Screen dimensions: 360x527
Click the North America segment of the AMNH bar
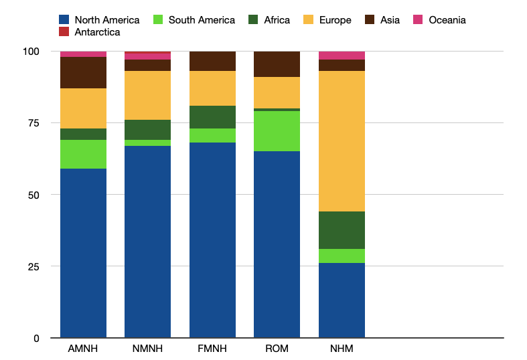(x=83, y=253)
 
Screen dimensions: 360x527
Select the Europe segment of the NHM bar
(x=342, y=141)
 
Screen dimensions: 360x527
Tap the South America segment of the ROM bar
(x=277, y=130)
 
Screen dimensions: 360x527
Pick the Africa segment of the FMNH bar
(x=212, y=117)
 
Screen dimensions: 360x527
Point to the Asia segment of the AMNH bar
(x=83, y=73)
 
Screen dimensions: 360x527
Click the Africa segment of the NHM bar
(x=342, y=230)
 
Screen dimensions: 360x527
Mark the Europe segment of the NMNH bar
(x=147, y=95)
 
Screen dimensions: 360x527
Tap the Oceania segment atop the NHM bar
(x=342, y=56)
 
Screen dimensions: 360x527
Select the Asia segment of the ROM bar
(x=277, y=64)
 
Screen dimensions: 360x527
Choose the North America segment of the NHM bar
(x=342, y=300)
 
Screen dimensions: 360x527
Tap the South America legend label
(x=202, y=20)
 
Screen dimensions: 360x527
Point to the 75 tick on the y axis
(x=31, y=123)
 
